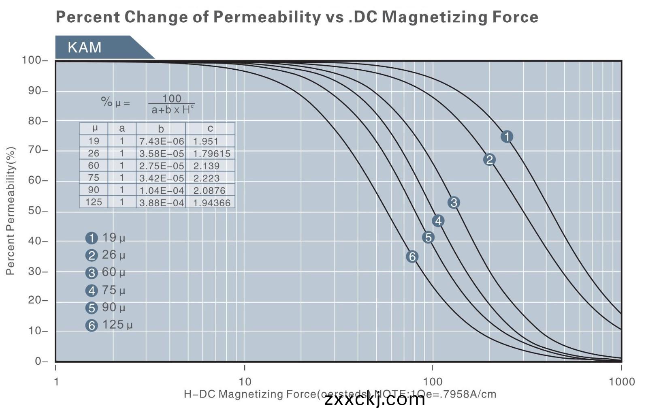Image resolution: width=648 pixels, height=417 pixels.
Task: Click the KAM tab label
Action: pos(85,47)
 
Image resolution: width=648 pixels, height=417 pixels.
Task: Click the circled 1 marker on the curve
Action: pos(507,137)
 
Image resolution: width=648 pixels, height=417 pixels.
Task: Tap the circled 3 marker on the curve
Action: pos(454,203)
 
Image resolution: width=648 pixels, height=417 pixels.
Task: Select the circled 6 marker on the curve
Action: pos(412,257)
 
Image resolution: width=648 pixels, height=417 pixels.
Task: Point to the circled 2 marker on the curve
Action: pos(489,160)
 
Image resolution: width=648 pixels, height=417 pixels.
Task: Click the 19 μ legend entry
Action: pos(106,238)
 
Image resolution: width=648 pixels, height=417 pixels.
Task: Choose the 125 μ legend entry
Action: pos(109,325)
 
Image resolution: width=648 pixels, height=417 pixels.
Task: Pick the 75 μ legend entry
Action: pos(106,290)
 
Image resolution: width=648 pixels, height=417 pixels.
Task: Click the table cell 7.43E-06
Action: pos(161,141)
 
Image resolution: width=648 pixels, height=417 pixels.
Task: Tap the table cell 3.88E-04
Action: pos(161,203)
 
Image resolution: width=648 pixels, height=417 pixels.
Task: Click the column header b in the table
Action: pos(161,129)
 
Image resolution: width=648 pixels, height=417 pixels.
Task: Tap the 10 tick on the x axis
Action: pos(245,382)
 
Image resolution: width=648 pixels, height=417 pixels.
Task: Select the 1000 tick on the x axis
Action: pos(621,382)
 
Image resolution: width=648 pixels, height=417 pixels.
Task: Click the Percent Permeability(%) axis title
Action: pos(11,211)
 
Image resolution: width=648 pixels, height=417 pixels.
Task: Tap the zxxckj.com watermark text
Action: pos(375,400)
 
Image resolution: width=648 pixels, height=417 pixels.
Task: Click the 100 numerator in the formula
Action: pos(172,98)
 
